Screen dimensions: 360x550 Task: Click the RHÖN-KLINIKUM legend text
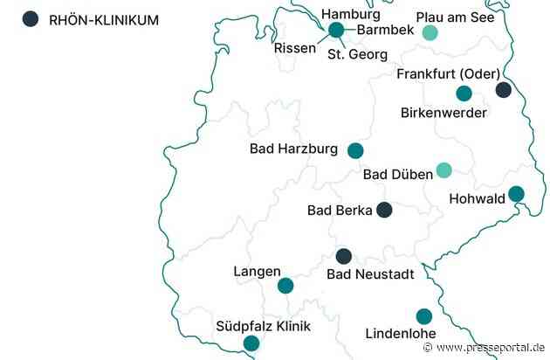tap(104, 19)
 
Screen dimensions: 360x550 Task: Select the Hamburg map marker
tap(336, 31)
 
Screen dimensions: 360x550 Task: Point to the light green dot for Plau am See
tap(430, 33)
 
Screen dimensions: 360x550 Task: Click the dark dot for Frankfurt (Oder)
tap(503, 89)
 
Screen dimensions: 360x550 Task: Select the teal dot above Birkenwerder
tap(464, 93)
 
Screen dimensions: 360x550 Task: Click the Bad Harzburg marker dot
tap(354, 150)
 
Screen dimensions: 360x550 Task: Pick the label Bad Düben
tap(397, 175)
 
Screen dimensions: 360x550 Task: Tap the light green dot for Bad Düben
tap(443, 170)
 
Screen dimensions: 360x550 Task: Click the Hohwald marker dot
tap(516, 193)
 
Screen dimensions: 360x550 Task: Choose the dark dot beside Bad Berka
tap(383, 210)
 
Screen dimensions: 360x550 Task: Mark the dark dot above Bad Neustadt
tap(344, 256)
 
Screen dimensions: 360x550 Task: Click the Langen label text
tap(257, 272)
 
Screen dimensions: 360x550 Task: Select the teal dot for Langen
tap(285, 285)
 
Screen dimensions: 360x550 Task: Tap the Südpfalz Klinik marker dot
tap(251, 343)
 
